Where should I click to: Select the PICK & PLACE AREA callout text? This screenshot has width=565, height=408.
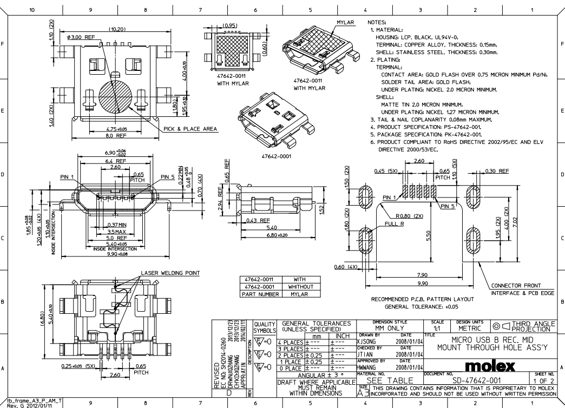(x=190, y=129)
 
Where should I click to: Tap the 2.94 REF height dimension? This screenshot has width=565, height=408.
(x=227, y=202)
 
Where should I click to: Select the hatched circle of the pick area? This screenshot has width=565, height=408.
(x=115, y=97)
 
